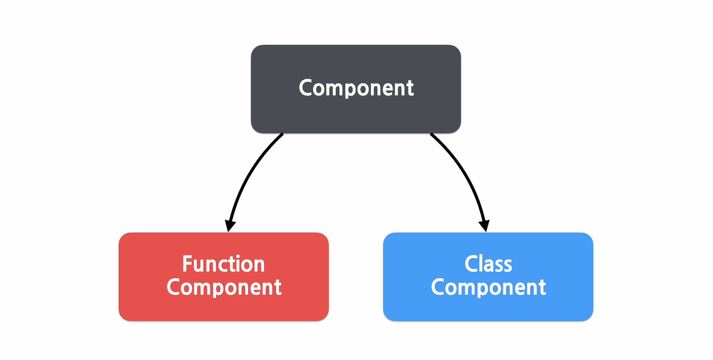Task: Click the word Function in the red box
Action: [223, 263]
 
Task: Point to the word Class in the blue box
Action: [488, 263]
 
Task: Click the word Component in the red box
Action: [224, 288]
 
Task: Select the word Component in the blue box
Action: [488, 288]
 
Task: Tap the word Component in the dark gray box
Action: [356, 88]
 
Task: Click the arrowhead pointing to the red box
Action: [229, 226]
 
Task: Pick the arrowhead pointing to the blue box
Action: [484, 226]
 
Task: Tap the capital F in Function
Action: [187, 263]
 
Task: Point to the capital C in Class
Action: [471, 263]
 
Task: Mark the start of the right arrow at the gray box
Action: [432, 135]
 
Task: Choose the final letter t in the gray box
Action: [410, 88]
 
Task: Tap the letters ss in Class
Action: [503, 265]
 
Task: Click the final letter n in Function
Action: [259, 265]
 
